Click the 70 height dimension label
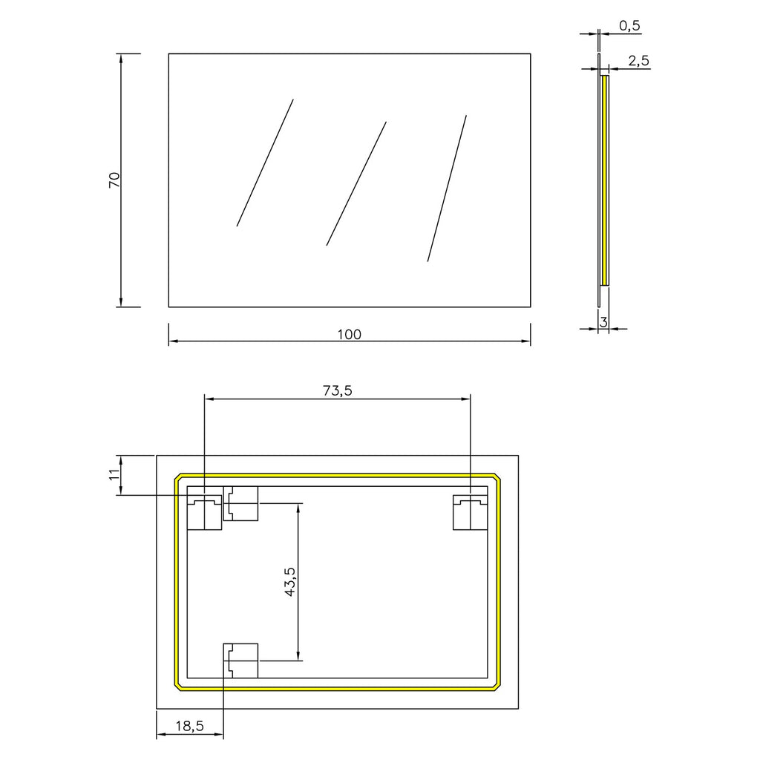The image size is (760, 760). click(x=114, y=180)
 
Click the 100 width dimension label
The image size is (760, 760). click(x=349, y=334)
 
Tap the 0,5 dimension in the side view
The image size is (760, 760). click(x=629, y=26)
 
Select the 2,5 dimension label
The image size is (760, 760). click(x=638, y=62)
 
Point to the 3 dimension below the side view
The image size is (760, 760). click(x=603, y=321)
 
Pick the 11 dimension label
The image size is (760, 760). click(x=114, y=476)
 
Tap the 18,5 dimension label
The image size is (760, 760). click(x=189, y=727)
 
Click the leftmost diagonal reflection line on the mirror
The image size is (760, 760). click(x=265, y=163)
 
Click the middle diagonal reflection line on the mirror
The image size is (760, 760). click(x=356, y=183)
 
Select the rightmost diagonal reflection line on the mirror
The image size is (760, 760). click(x=447, y=189)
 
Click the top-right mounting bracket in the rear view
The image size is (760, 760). click(x=470, y=512)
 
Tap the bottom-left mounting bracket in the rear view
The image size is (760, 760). click(x=241, y=660)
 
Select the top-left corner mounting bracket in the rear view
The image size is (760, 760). click(x=204, y=512)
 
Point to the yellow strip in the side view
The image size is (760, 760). click(x=606, y=180)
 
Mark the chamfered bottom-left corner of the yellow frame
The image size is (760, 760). click(x=179, y=685)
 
